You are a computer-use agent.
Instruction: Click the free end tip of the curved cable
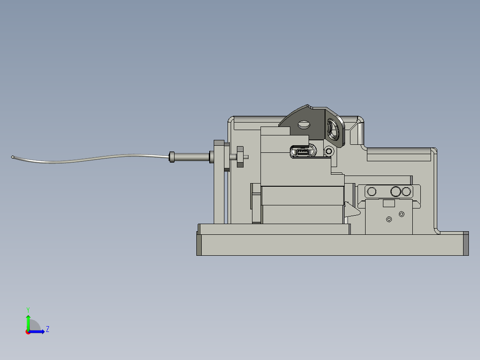coord(12,156)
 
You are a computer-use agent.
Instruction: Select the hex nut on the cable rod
coord(240,156)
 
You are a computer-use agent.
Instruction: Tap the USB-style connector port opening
coord(302,151)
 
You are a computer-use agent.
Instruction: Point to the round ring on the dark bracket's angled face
coord(333,130)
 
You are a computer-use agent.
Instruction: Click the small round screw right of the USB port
coord(329,151)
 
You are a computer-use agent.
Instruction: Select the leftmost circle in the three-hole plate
coord(371,192)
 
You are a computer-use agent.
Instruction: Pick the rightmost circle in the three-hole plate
coord(406,192)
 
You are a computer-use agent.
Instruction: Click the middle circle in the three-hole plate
coord(395,192)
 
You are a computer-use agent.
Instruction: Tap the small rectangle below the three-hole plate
coord(389,204)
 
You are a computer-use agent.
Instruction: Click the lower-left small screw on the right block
coord(389,219)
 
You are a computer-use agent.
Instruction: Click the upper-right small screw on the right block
coord(401,214)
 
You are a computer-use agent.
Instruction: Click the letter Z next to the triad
coord(47,329)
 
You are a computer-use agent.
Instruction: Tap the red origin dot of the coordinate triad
coord(28,332)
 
